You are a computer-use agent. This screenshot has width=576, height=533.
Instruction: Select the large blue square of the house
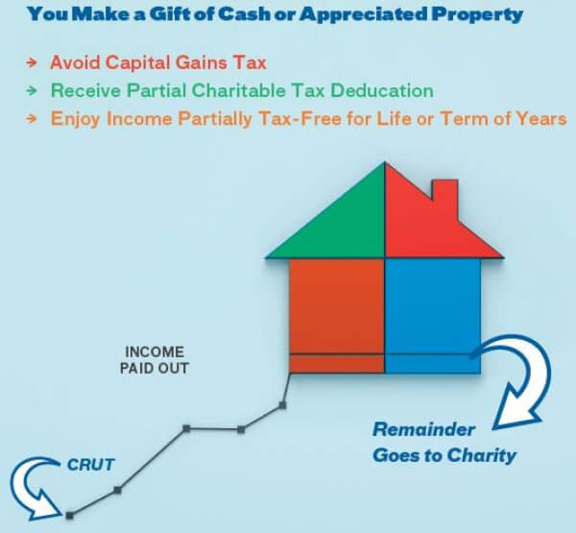[x=433, y=306]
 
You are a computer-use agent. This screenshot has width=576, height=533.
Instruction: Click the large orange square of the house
[x=337, y=306]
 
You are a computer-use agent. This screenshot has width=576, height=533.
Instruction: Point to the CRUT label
[x=91, y=465]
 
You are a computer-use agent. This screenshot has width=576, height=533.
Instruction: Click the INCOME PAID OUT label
[x=155, y=360]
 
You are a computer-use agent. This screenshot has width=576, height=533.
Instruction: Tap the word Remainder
[x=424, y=429]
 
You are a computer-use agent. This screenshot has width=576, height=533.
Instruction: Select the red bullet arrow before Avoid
[x=32, y=62]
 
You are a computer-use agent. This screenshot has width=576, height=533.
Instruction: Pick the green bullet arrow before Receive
[x=32, y=90]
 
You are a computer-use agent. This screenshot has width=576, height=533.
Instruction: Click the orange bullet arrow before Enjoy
[x=32, y=118]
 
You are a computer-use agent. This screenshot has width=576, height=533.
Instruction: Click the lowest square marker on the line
[x=69, y=516]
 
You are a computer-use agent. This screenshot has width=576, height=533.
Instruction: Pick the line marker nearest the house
[x=282, y=405]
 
